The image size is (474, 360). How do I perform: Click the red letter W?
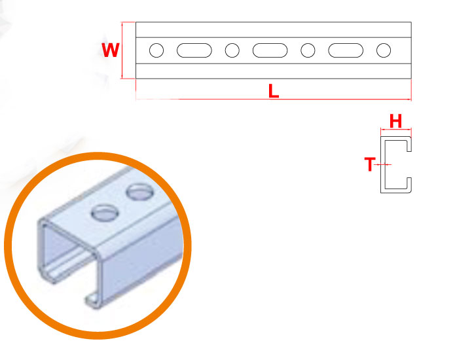[x=111, y=50]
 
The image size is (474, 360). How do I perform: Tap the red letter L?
[x=274, y=91]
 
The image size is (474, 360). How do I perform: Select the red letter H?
[x=395, y=121]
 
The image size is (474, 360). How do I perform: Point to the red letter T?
[x=370, y=164]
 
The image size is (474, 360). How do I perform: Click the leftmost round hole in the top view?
[x=156, y=50]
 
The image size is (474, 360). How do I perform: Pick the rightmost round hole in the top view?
[x=384, y=50]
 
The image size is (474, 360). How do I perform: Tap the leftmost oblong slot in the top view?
[x=194, y=50]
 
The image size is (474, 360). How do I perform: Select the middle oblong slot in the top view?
[x=270, y=50]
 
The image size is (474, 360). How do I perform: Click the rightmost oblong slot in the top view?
[x=346, y=50]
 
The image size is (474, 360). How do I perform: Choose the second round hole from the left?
[x=232, y=50]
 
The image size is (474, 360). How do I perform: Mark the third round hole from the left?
[x=308, y=50]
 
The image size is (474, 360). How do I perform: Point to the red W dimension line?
[x=122, y=50]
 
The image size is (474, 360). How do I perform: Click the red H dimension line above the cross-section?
[x=396, y=130]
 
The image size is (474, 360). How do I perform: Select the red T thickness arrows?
[x=382, y=164]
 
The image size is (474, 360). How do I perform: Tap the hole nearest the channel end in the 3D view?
[x=105, y=213]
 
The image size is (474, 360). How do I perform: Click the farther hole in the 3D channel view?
[x=140, y=192]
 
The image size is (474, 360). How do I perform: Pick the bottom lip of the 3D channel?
[x=92, y=300]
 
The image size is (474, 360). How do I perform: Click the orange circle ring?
[x=98, y=245]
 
